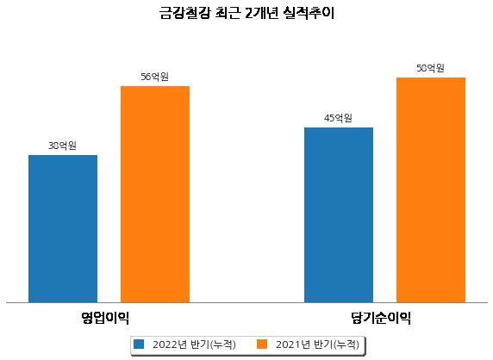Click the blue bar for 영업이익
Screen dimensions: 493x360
point(63,229)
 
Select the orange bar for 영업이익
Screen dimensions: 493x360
point(155,194)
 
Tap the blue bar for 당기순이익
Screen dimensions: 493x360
point(339,214)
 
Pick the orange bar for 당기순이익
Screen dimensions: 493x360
point(431,190)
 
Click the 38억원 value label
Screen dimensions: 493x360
point(62,146)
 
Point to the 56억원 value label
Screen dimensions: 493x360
point(154,77)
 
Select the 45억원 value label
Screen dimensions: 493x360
point(338,118)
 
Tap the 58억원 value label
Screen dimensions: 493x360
point(430,68)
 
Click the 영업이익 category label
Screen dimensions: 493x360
point(105,318)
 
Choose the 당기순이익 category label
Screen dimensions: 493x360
point(381,318)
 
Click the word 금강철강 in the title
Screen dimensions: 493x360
point(184,13)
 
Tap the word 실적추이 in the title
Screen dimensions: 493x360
point(309,13)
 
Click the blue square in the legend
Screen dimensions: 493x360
point(139,344)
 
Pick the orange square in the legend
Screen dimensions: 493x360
point(262,344)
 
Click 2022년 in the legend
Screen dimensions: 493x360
point(170,344)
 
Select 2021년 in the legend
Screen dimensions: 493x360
point(293,344)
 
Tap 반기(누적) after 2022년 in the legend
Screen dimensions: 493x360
point(213,344)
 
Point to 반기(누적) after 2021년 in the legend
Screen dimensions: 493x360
point(336,344)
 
